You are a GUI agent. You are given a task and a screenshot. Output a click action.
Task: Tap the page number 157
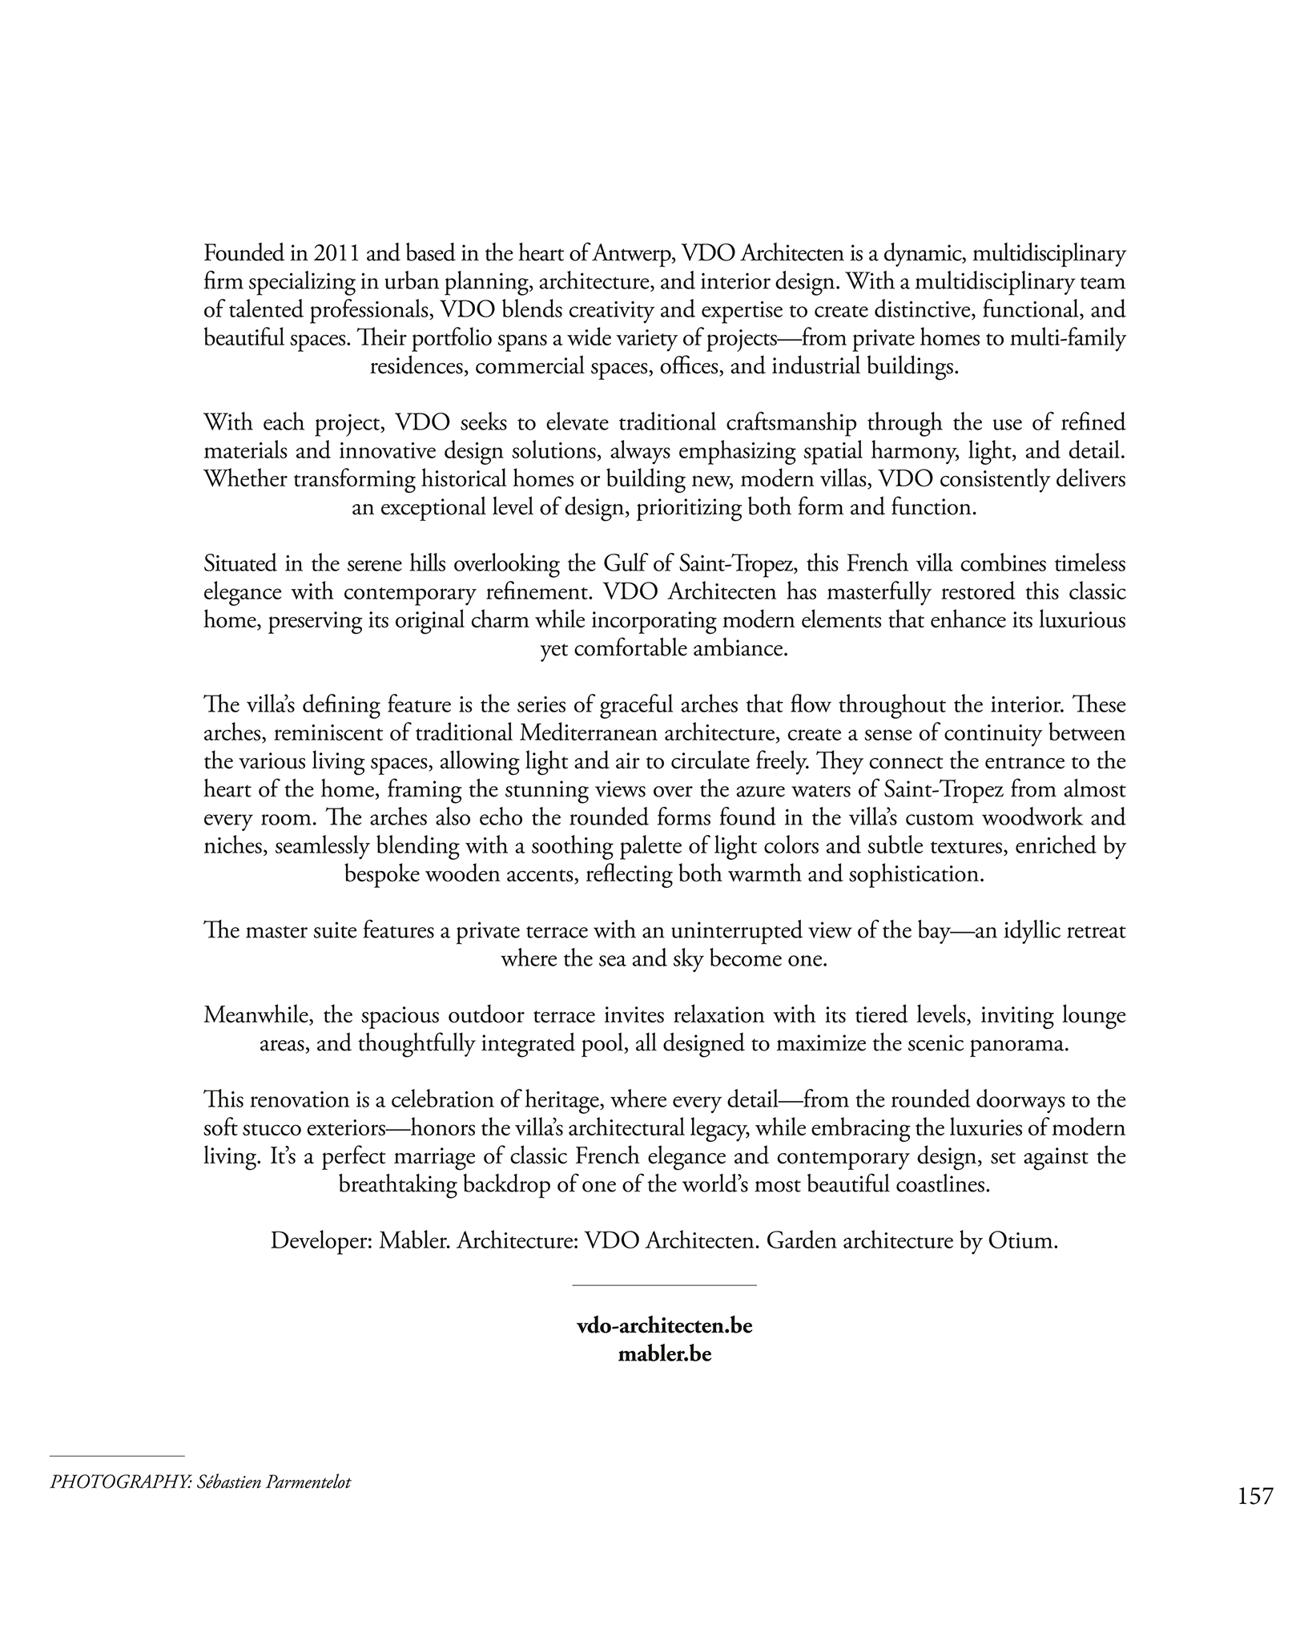[x=1254, y=1496]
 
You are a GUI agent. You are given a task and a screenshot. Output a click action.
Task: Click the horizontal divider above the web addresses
[x=664, y=1285]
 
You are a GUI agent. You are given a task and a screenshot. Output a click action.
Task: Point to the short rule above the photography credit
[x=117, y=1456]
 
